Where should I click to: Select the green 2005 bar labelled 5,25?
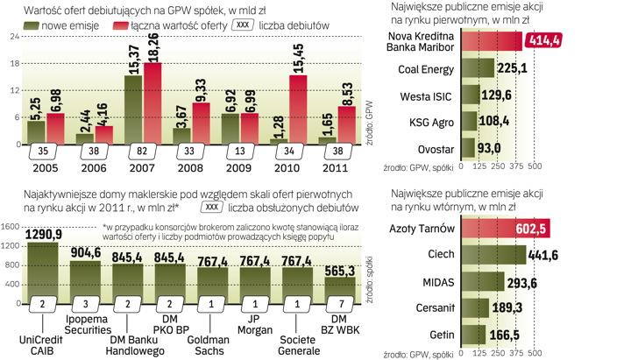pyautogui.click(x=36, y=131)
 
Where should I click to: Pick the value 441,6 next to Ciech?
pyautogui.click(x=546, y=255)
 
